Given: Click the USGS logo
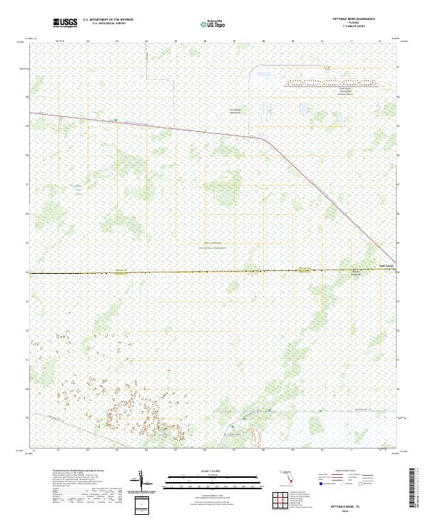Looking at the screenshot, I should coord(65,23).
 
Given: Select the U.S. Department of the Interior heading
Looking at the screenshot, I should coord(108,20).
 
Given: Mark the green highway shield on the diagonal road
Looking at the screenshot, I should coord(116,121).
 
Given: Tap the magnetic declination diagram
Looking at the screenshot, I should coord(143,482).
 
